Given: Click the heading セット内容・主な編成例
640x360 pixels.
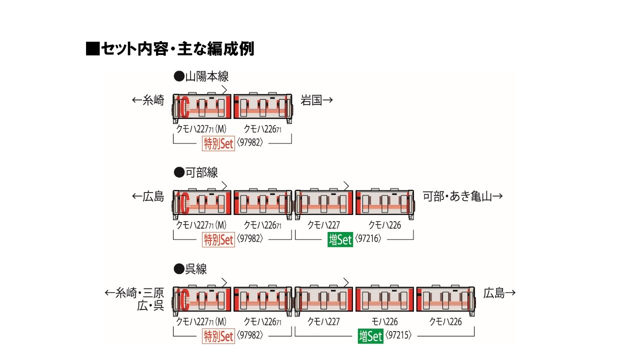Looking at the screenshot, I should coord(170,48).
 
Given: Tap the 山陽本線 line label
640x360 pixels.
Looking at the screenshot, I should coord(201,76).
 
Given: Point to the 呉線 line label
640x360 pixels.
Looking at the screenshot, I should coord(190,269).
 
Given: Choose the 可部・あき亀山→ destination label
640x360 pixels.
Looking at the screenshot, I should coord(462,196).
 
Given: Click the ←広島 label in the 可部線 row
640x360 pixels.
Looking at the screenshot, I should coord(147,196).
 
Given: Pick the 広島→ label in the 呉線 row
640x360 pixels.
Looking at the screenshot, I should coord(499,293).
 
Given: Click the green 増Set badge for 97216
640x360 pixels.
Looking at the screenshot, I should coord(340,239).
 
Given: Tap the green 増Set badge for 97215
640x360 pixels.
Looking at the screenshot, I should coord(370,336).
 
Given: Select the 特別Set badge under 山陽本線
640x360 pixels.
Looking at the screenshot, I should coord(218,143).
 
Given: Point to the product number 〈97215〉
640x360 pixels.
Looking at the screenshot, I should coord(398,336).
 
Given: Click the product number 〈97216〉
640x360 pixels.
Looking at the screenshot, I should coord(368,239).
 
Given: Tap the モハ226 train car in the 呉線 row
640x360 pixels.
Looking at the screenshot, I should coord(384,301).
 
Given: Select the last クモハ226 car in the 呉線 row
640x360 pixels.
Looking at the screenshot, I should coord(445,301).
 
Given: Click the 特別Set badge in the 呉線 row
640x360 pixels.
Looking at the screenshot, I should coord(218,336).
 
